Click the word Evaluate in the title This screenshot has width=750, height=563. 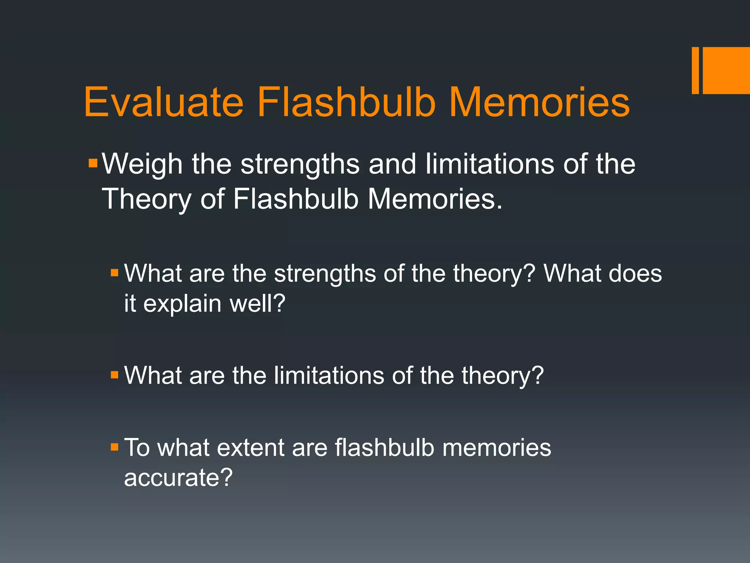(x=164, y=103)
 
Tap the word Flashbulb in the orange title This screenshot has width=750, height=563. (x=346, y=103)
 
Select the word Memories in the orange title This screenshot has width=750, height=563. (x=539, y=103)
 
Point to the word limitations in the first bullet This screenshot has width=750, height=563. (x=490, y=164)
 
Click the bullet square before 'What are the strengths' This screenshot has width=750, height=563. (x=115, y=273)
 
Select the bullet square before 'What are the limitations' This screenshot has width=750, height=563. (x=115, y=375)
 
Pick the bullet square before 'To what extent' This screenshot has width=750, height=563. (x=115, y=447)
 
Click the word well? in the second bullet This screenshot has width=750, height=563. (x=257, y=303)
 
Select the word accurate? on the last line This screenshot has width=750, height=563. (x=178, y=478)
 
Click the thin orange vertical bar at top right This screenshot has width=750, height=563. (x=695, y=70)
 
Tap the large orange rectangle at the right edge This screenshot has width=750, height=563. (x=726, y=70)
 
